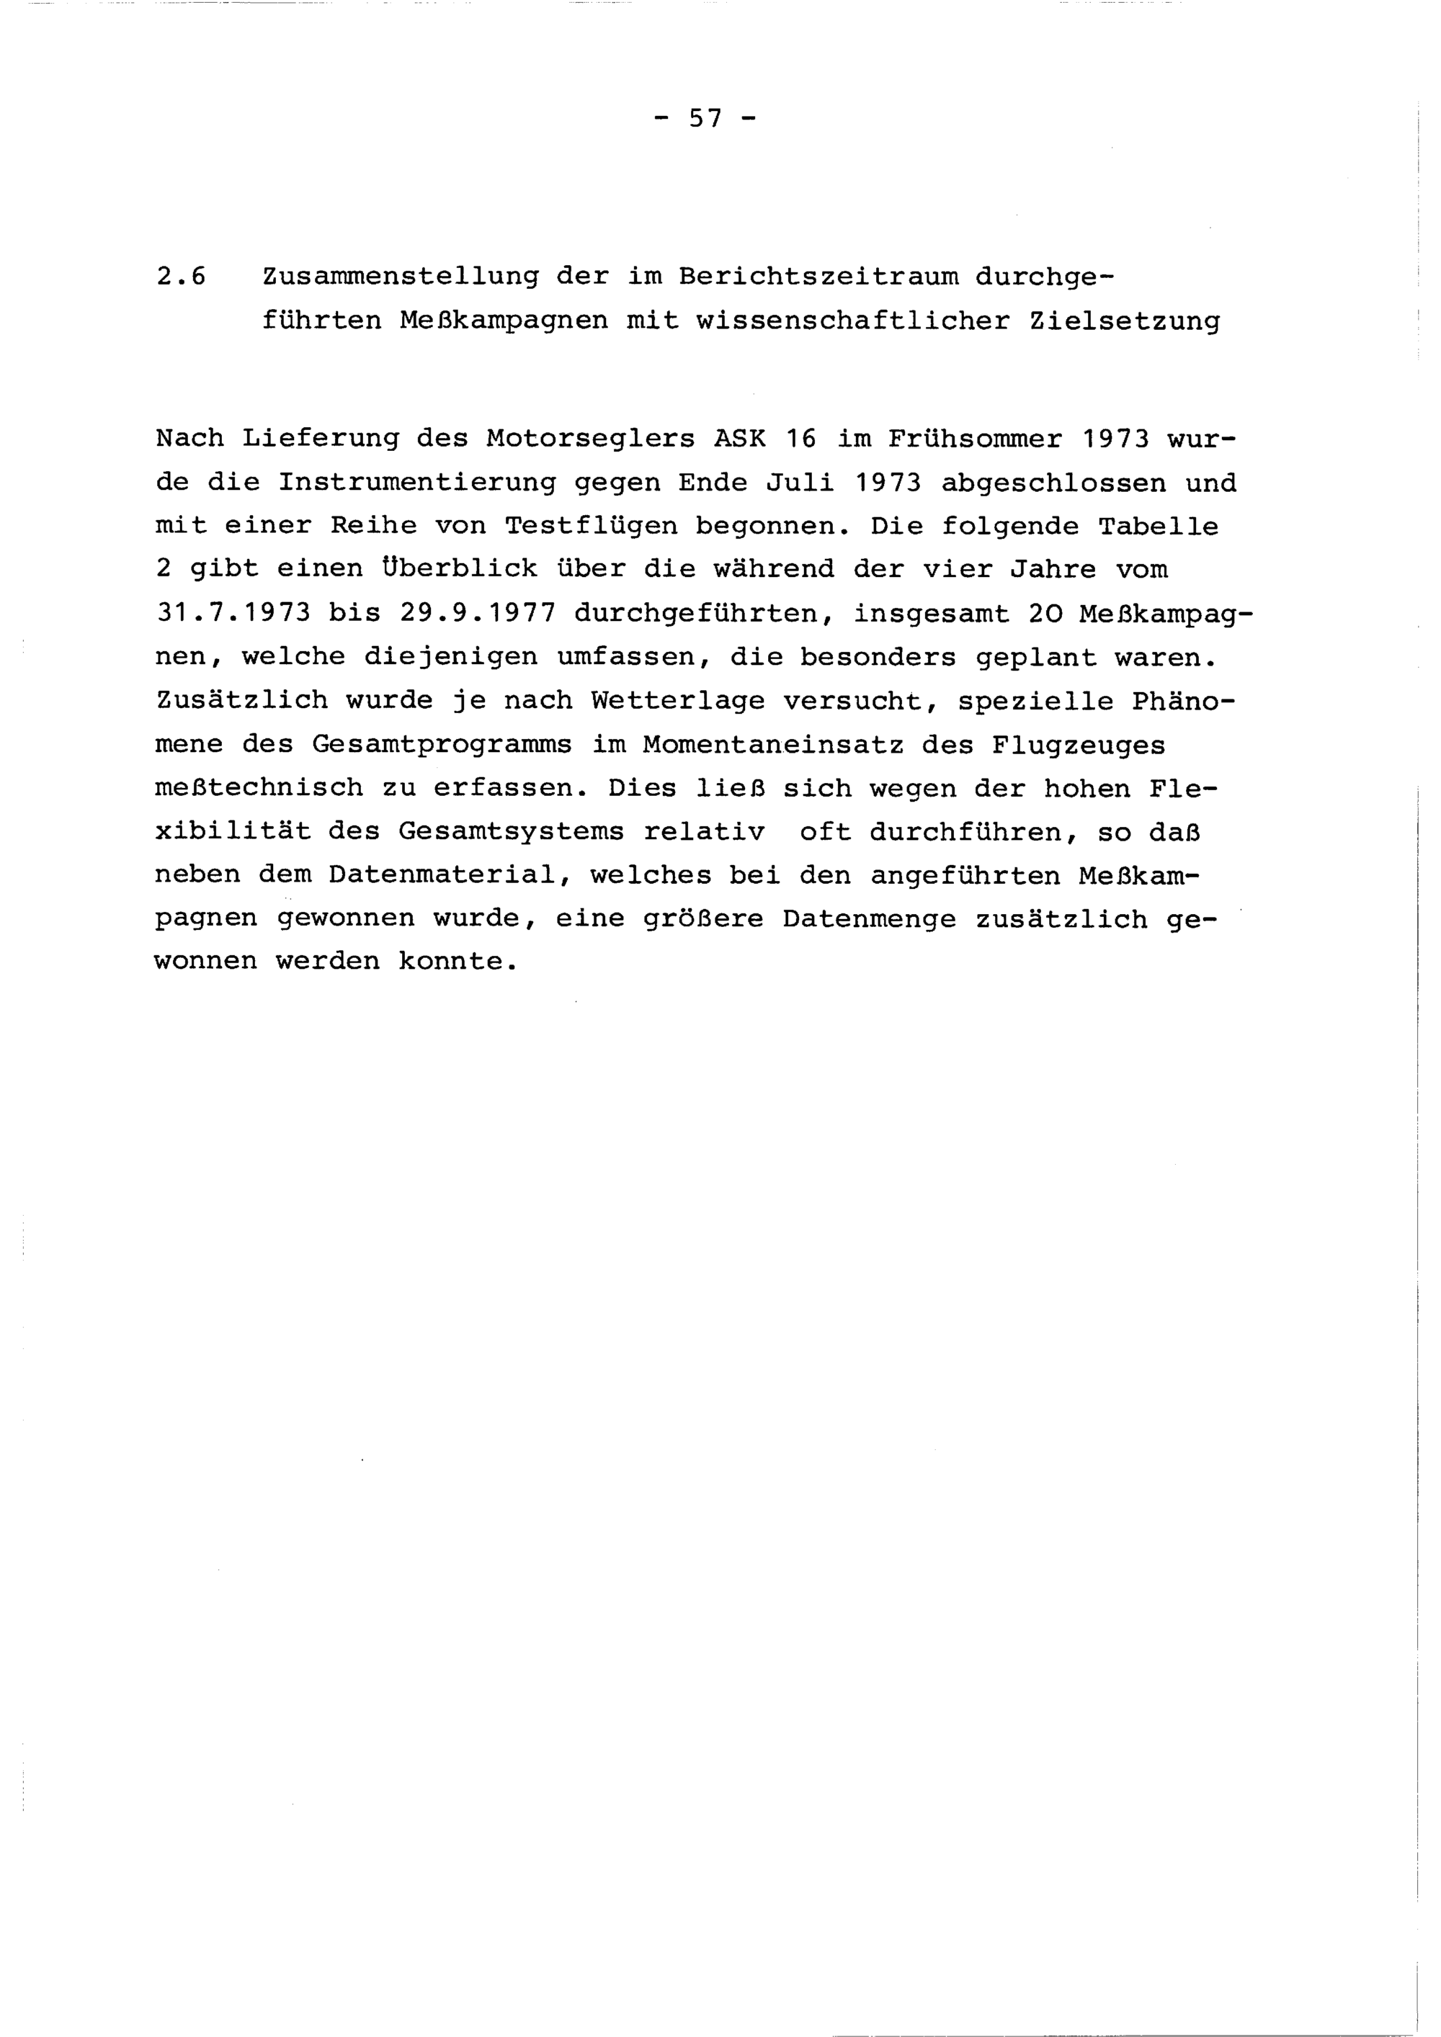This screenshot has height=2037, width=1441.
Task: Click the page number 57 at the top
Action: tap(705, 118)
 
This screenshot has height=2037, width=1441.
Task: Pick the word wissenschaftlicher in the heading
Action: tap(854, 321)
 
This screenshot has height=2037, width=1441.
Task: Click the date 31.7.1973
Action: tap(233, 613)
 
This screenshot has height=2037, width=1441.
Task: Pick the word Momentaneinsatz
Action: tap(774, 744)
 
